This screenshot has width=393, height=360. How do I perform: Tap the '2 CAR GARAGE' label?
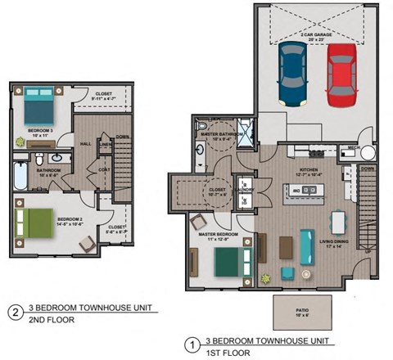[x=316, y=34]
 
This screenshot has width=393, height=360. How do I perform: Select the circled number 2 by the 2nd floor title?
[x=14, y=312]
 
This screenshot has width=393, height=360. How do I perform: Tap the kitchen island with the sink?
[x=305, y=192]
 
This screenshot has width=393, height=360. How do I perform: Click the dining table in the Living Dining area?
[x=339, y=222]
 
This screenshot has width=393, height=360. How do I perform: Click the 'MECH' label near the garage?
[x=354, y=147]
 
